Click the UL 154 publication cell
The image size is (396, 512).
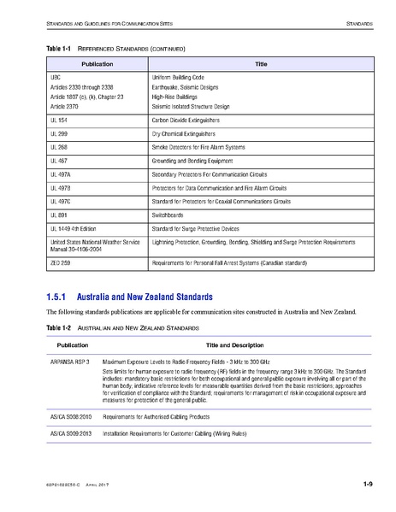[58, 122]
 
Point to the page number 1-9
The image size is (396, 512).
[366, 485]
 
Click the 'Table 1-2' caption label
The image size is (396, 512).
[58, 327]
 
